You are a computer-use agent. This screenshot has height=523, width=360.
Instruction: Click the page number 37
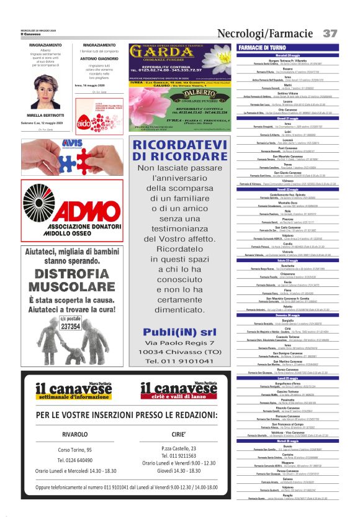(330, 32)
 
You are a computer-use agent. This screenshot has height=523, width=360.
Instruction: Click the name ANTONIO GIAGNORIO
(99, 58)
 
